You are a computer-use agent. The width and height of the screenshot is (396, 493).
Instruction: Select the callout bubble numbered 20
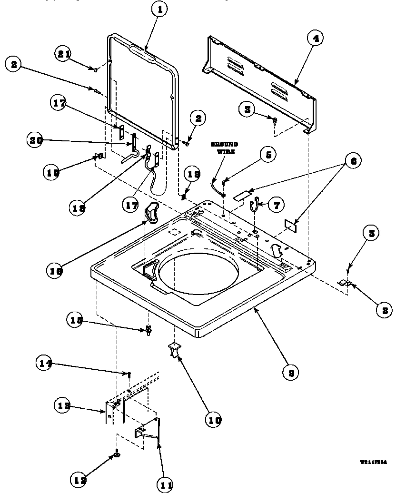(x=35, y=140)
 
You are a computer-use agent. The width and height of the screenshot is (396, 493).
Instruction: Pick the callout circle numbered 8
(x=384, y=310)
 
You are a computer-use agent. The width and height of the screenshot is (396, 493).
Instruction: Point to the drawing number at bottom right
(x=373, y=462)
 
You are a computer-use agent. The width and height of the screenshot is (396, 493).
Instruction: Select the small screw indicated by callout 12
(x=116, y=455)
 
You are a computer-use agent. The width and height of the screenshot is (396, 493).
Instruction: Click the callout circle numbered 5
(x=268, y=155)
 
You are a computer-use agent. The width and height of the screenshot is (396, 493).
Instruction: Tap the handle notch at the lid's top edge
(x=143, y=51)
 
